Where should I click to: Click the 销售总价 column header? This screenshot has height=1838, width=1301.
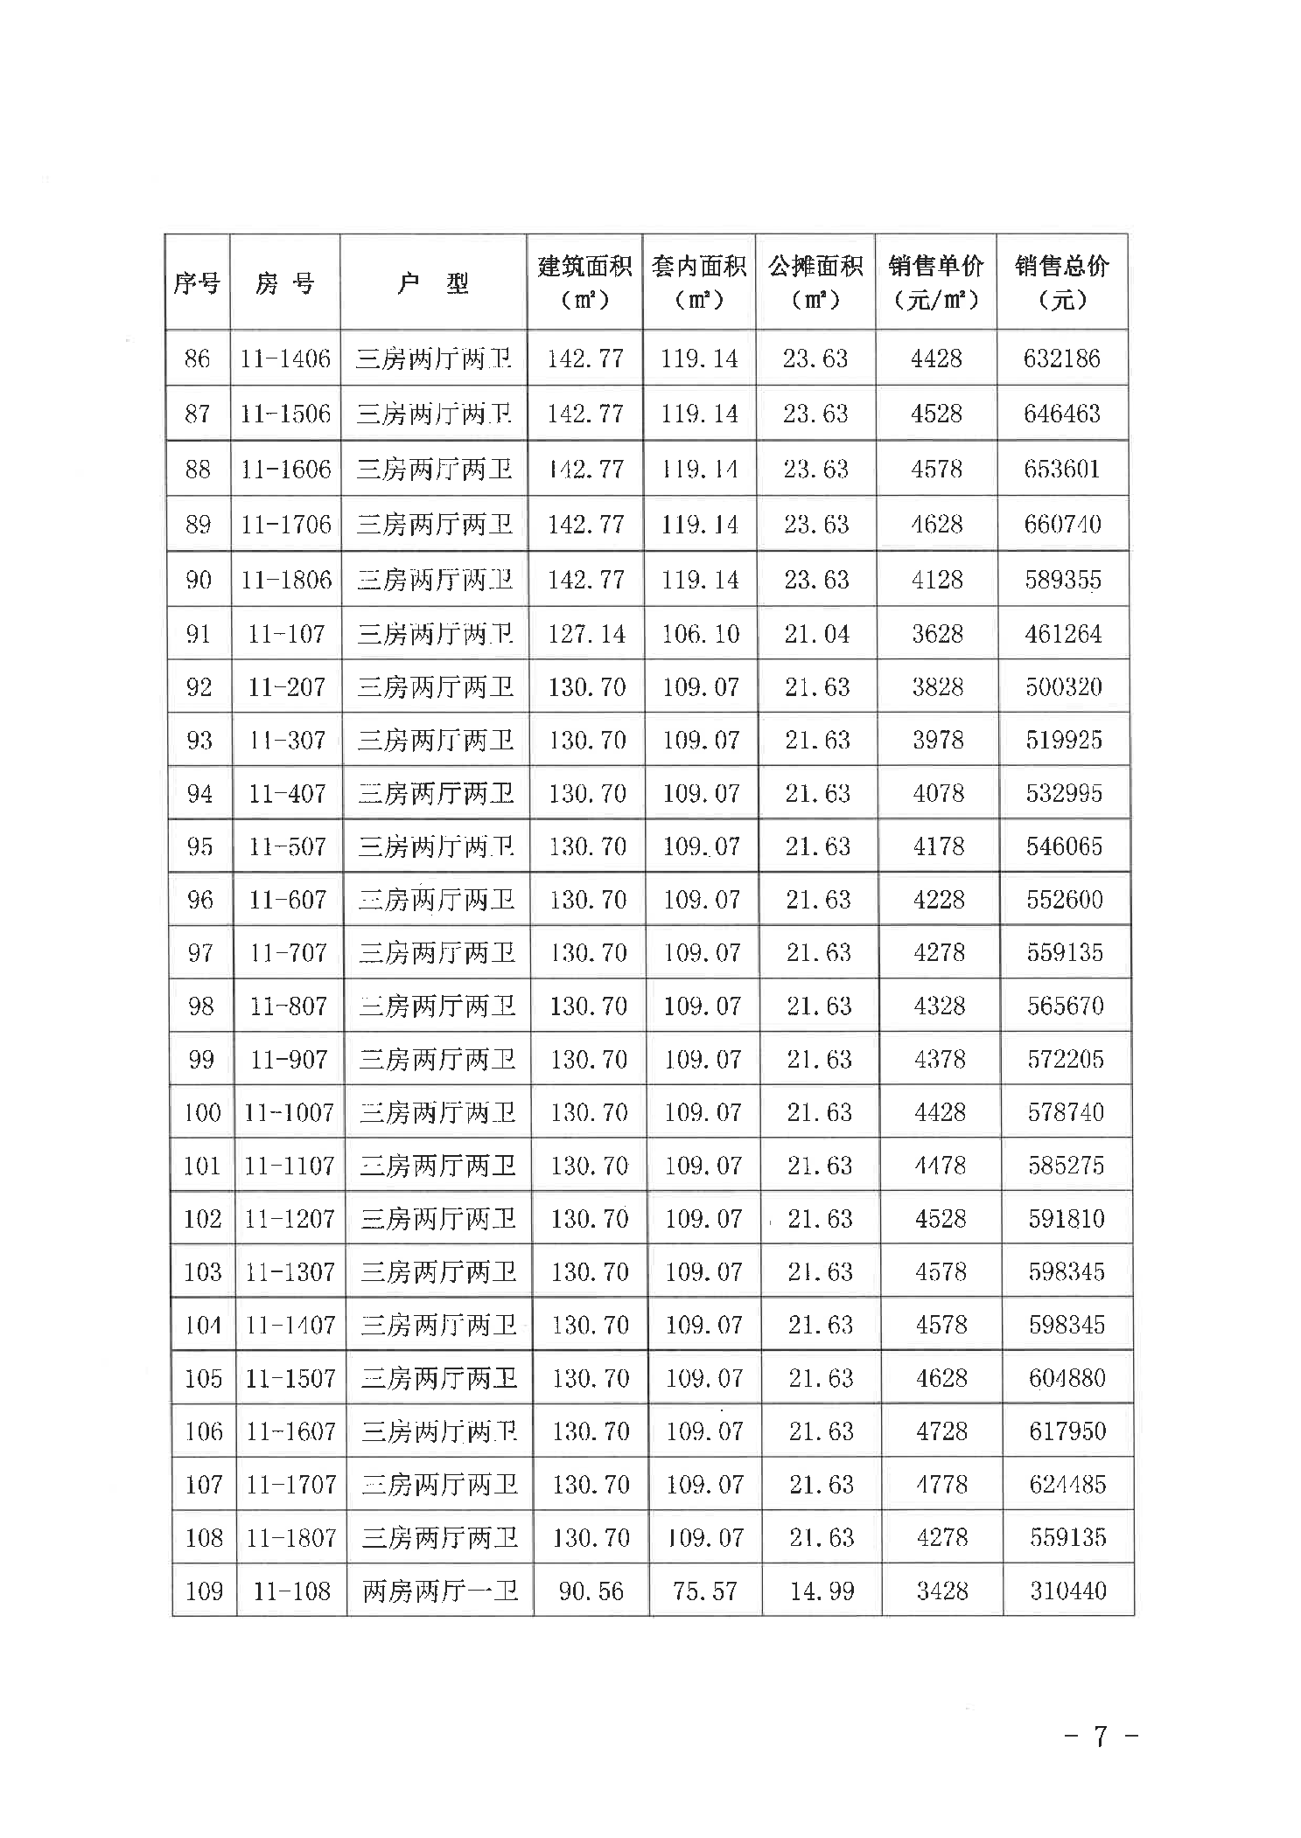pos(1061,282)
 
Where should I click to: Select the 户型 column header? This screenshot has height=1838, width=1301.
pos(433,282)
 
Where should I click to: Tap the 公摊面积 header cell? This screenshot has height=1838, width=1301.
pos(815,282)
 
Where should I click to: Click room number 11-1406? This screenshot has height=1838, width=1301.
pos(285,359)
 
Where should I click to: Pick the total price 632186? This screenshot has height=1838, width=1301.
pos(1061,359)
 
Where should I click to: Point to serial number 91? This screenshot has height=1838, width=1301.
pos(199,634)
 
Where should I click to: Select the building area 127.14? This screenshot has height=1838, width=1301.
pos(586,634)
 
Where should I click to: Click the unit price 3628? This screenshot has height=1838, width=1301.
pos(937,634)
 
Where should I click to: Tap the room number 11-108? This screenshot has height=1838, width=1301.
pos(291,1591)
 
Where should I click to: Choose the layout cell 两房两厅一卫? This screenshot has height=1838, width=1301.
pos(440,1591)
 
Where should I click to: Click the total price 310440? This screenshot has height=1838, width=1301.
pos(1067,1591)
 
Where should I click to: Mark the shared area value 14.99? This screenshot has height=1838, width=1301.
pos(822,1591)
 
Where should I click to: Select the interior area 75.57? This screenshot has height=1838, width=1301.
pos(704,1591)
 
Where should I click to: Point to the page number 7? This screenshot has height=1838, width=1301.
pos(1101,1735)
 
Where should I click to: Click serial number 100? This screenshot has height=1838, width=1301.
pos(202,1112)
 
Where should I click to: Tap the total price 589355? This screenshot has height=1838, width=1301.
pos(1063,580)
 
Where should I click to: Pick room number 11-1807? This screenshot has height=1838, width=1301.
pos(291,1537)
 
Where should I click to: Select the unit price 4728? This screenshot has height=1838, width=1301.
pos(941,1431)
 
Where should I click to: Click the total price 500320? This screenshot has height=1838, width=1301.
pos(1064,687)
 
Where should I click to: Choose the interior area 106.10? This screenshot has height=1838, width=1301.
pos(700,634)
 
